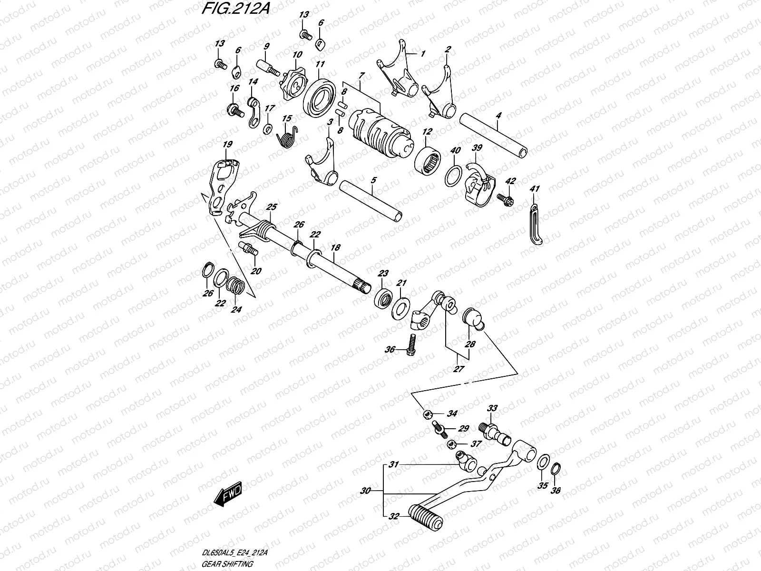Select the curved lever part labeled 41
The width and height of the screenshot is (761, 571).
point(535,224)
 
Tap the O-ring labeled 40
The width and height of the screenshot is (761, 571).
point(453,177)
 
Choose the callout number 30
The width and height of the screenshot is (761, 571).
point(365,490)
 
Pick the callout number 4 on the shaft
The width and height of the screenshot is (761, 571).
point(498,115)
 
